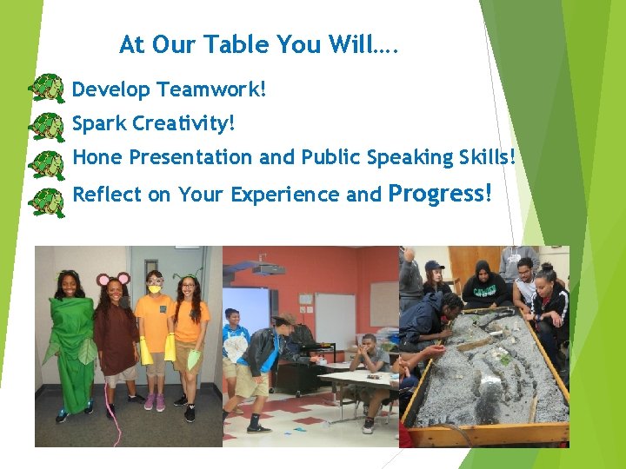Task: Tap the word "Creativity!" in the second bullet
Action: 183,123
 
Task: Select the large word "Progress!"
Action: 440,193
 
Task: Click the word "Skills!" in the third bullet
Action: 483,157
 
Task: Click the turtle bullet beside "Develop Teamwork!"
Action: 46,89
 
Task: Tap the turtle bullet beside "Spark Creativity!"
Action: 46,126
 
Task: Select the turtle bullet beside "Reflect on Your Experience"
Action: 46,201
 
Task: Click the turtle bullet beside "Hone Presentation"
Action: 46,163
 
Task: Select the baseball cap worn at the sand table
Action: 434,266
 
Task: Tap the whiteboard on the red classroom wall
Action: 335,317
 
